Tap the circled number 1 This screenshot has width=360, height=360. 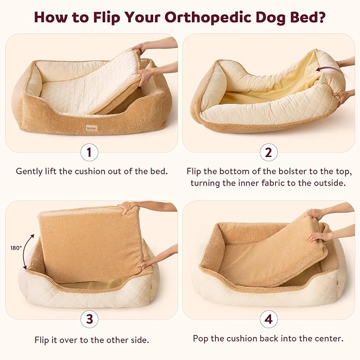(90, 153)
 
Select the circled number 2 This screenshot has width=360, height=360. (269, 153)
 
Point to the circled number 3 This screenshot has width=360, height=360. (90, 319)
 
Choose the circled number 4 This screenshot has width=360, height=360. (269, 319)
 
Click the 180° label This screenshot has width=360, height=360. (16, 248)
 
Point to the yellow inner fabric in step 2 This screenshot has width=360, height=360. (270, 85)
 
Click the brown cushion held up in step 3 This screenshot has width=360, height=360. (90, 241)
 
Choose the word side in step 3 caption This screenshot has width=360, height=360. (135, 338)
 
